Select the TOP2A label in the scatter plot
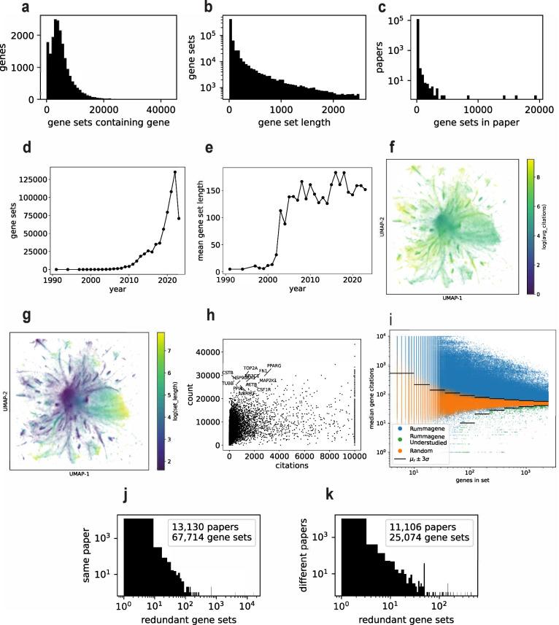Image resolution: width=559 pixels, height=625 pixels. coord(250,368)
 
